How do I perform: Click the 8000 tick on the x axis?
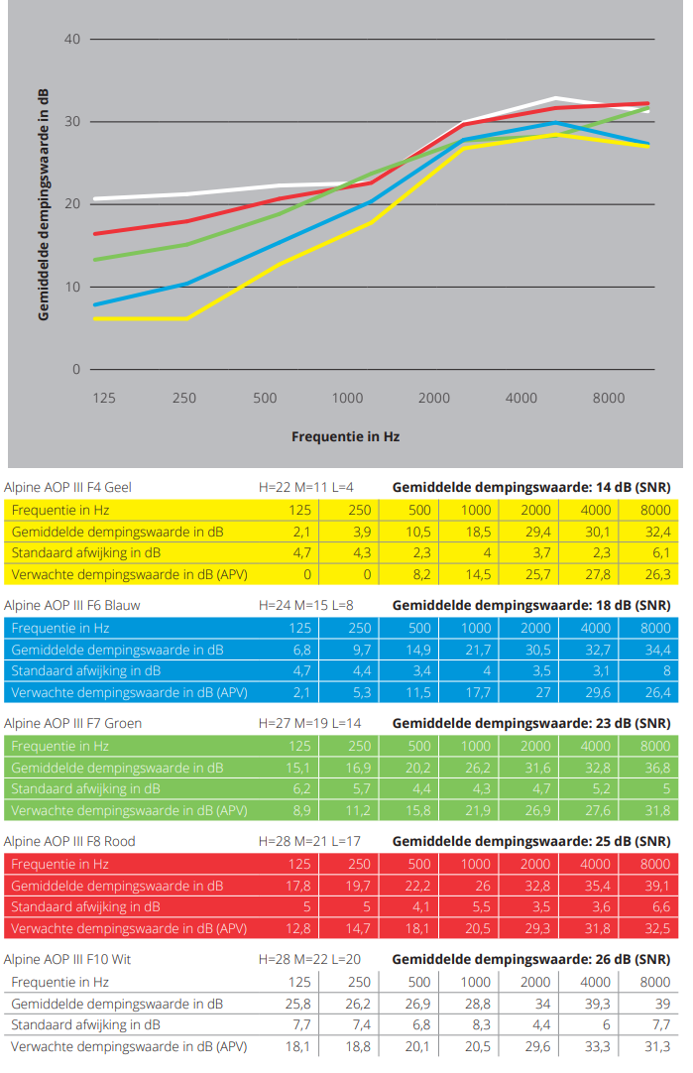609,398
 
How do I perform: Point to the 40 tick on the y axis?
71,40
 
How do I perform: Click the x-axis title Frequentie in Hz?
345,436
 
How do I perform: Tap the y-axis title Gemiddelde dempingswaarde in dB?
44,204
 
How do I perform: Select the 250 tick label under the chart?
184,398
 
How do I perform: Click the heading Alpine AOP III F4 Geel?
67,487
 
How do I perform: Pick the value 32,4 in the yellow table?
655,532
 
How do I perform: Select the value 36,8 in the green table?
655,767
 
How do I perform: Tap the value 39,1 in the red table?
655,885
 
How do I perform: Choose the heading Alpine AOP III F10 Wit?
67,959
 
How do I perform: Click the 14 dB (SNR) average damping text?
531,487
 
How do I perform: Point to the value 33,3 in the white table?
596,1046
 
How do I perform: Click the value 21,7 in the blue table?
476,650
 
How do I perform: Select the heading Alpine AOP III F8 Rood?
69,841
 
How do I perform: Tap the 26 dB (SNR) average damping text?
531,959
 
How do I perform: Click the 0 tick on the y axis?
75,370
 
